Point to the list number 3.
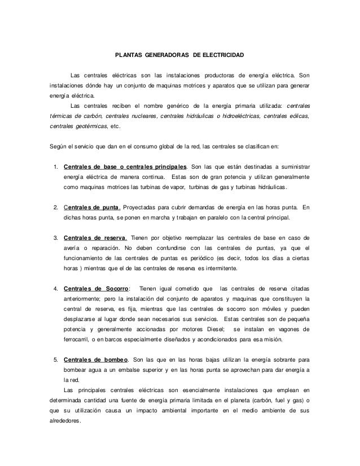(x=55, y=236)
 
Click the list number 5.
(x=55, y=359)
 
